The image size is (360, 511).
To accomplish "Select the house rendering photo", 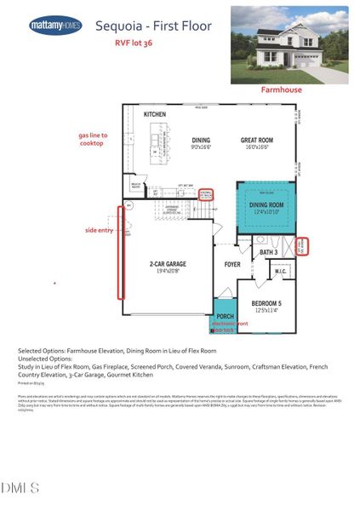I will pos(289,44).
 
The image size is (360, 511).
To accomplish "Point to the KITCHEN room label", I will pos(154,114).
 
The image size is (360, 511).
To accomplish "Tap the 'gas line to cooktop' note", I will pos(91,139).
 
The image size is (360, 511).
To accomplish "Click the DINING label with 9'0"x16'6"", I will pos(201,143).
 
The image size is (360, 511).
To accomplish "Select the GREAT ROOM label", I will pos(255,143).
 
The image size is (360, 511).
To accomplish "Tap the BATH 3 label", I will pos(269,252).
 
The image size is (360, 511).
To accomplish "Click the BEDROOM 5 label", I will pos(271,305).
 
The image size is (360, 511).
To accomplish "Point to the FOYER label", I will pos(232,265).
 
